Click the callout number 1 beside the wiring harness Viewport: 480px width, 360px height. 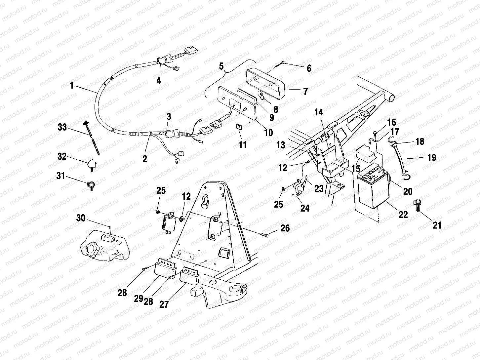[x=71, y=86]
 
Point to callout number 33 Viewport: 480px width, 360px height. [x=62, y=127]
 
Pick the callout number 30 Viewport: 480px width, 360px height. [x=81, y=218]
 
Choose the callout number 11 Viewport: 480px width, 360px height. [x=243, y=145]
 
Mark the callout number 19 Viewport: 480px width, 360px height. [x=431, y=158]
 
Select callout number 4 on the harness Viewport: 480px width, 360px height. [x=158, y=80]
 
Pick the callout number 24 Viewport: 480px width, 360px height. [x=305, y=208]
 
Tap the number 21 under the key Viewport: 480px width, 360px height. [x=437, y=225]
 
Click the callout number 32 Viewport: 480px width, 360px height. [x=62, y=157]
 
